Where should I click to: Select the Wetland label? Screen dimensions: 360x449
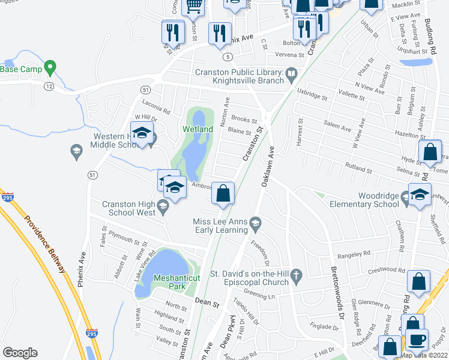[197, 129]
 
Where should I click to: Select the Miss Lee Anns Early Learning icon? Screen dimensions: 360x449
[255, 223]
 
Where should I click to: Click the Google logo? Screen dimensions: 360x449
[20, 353]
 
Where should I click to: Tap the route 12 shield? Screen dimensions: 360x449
[48, 86]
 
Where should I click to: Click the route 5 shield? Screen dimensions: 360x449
[227, 56]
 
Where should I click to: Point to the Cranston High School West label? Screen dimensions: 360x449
[129, 208]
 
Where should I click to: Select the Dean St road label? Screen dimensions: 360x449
[206, 304]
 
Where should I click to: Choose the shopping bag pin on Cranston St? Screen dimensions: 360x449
[223, 194]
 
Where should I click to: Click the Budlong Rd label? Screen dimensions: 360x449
[438, 29]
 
